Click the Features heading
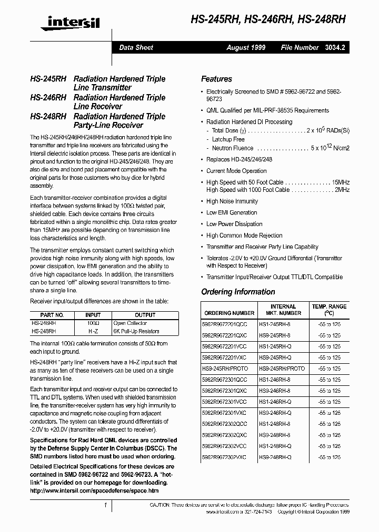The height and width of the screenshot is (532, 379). (x=216, y=79)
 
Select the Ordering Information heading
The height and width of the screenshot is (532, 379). (x=238, y=292)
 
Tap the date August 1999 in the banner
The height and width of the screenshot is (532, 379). (x=246, y=47)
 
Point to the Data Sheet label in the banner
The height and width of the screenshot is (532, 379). (x=136, y=47)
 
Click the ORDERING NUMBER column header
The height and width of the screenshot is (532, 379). (x=229, y=313)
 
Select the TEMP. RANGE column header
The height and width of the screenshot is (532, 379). (x=330, y=309)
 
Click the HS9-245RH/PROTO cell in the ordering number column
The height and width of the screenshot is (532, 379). (x=225, y=369)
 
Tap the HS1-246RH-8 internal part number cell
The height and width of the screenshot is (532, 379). (x=275, y=380)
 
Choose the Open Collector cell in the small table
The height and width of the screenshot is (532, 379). (x=130, y=323)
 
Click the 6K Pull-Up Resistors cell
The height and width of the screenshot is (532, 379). (x=136, y=331)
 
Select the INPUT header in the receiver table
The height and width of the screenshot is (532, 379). (x=93, y=315)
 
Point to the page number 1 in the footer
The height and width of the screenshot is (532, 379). (x=106, y=505)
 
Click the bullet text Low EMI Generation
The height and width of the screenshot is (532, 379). (x=232, y=212)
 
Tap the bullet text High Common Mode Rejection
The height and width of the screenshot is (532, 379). (x=244, y=235)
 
